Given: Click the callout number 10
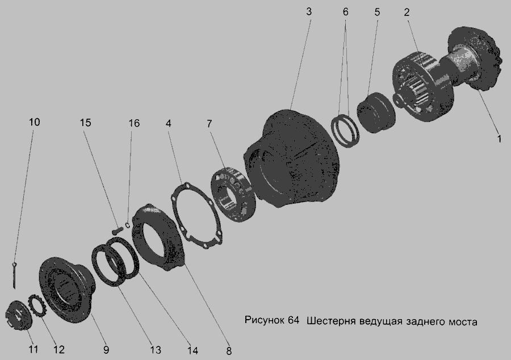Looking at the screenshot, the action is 35,122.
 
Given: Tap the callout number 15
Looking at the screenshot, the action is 85,123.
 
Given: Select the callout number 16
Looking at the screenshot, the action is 134,123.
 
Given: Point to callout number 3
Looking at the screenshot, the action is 309,12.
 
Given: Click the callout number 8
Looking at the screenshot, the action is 229,351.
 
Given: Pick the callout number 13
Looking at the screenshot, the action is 156,350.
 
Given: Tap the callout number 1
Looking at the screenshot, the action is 499,139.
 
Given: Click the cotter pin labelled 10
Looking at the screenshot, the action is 14,275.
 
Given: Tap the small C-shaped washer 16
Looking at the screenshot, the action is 128,225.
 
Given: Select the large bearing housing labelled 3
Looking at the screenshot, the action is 290,158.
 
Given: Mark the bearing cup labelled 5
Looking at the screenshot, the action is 376,112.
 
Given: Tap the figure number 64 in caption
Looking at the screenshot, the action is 294,320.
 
